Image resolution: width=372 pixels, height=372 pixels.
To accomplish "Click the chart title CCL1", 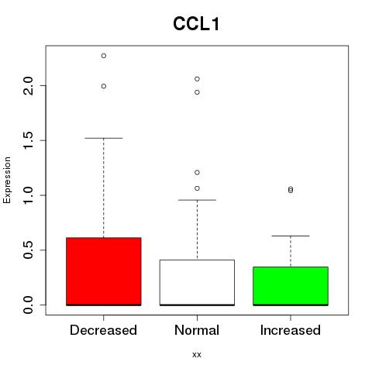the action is (x=196, y=24).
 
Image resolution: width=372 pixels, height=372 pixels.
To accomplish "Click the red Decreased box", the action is (x=104, y=271).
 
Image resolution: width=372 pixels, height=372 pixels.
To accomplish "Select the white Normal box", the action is (x=197, y=283).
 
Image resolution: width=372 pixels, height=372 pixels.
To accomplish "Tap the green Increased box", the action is (x=291, y=286).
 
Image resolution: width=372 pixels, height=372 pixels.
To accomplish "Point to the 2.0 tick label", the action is (x=28, y=86).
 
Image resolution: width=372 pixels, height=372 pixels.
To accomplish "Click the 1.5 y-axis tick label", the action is (x=28, y=140).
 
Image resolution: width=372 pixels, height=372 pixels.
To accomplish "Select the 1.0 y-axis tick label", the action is (x=28, y=195).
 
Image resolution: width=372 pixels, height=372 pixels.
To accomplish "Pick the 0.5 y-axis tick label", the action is (x=28, y=250).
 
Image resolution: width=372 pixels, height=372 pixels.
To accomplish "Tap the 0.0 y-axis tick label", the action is (x=28, y=305).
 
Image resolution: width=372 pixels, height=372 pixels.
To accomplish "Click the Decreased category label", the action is (x=103, y=330).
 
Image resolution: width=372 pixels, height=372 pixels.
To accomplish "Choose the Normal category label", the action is (x=197, y=330).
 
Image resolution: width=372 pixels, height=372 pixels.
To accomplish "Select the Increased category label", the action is (x=291, y=330).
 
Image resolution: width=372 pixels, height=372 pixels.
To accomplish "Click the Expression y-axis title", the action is (x=7, y=180).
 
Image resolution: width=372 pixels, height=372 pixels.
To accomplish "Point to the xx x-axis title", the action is (x=197, y=355).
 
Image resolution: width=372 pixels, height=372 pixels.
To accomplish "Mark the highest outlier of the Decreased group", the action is (x=104, y=56).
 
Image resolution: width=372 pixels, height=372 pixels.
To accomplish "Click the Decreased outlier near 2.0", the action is (x=104, y=86).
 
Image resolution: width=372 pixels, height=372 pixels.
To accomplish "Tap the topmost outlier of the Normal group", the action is (x=197, y=79).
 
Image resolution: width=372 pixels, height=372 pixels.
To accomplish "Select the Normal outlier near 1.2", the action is (x=197, y=173).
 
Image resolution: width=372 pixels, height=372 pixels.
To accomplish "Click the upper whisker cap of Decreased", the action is (x=104, y=138).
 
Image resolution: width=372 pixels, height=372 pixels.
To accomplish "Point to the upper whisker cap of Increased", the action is (x=291, y=236).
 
